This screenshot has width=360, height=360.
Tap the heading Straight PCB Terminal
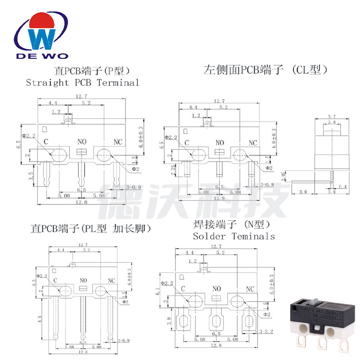pyautogui.click(x=83, y=82)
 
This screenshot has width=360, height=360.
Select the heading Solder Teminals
pyautogui.click(x=234, y=236)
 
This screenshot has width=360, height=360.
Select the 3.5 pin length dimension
pyautogui.click(x=30, y=176)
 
